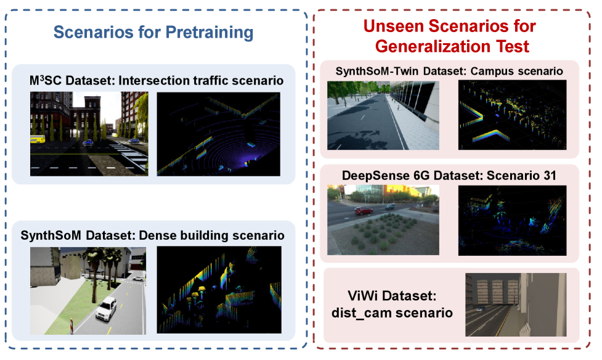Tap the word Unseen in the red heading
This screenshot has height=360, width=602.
[x=394, y=26]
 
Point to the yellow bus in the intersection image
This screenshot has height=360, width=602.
[x=38, y=139]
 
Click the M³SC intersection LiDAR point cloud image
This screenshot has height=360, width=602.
[x=219, y=134]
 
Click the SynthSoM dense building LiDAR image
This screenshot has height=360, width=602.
[x=219, y=290]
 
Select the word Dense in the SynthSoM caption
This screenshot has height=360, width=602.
[x=155, y=235]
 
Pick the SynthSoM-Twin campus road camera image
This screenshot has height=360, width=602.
[x=383, y=115]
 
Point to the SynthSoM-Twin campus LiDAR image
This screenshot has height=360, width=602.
[x=512, y=115]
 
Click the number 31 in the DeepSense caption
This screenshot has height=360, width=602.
[x=550, y=176]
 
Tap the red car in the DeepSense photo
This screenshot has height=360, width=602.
[x=363, y=211]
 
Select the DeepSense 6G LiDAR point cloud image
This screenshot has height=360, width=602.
[x=512, y=221]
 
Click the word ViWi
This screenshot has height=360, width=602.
[x=363, y=296]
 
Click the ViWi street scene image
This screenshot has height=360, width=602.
[x=516, y=305]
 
